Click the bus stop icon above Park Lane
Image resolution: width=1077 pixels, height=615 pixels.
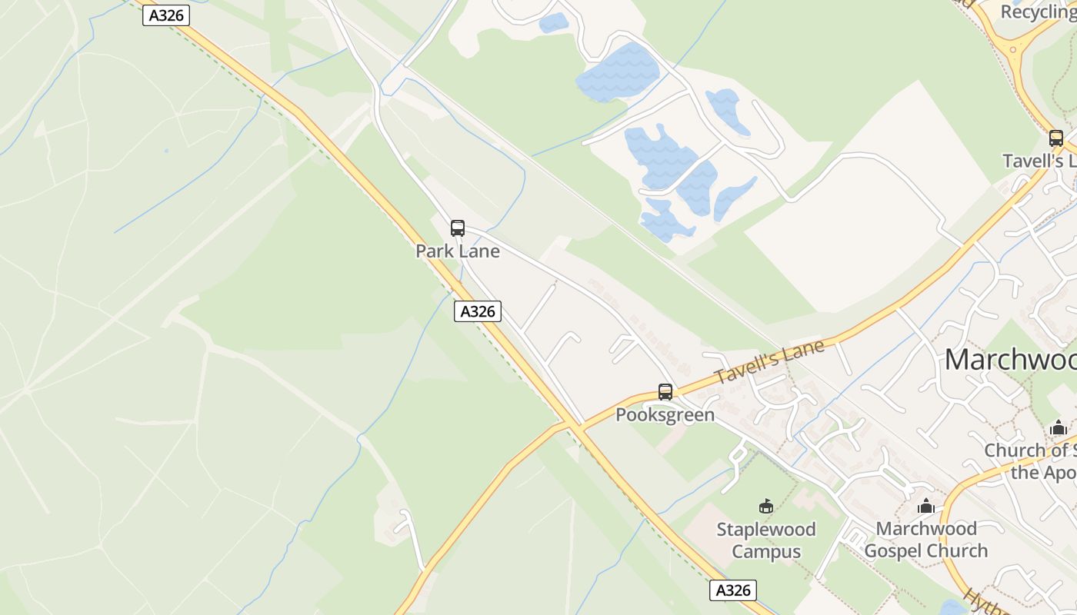458,228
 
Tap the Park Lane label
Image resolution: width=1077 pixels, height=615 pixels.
458,251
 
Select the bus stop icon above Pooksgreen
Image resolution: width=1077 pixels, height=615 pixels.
665,392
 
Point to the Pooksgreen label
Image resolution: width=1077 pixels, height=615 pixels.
665,415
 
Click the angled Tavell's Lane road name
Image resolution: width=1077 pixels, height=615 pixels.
769,362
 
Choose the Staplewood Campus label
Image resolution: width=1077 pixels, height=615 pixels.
766,540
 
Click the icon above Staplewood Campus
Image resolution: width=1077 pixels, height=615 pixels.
765,506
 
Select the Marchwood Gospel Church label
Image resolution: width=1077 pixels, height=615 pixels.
926,540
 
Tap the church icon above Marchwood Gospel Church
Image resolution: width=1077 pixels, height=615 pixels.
926,506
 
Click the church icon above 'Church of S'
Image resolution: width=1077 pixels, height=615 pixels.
1059,427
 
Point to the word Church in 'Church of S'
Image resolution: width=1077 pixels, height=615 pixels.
1015,450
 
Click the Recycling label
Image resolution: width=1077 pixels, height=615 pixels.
1037,12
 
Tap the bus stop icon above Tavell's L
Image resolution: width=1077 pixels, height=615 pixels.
1056,138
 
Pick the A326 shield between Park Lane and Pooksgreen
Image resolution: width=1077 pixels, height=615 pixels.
478,311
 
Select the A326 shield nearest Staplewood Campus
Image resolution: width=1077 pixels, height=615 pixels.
732,590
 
